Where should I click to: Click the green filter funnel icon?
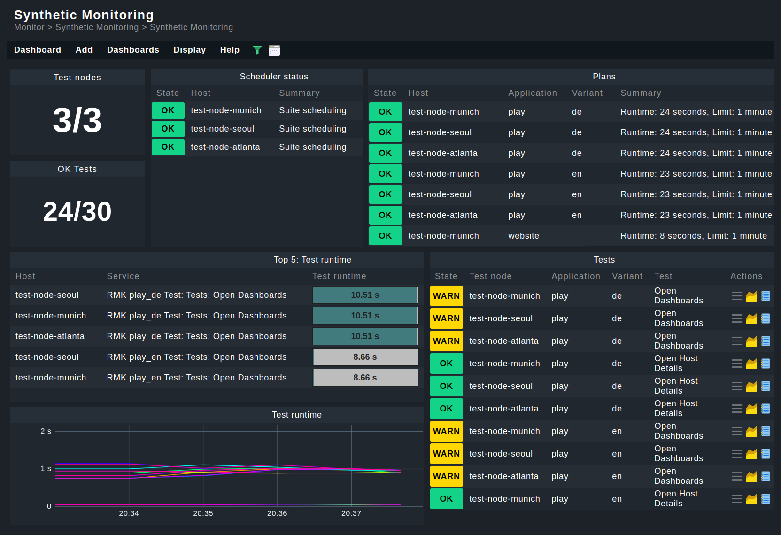[257, 50]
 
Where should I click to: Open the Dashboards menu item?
[133, 50]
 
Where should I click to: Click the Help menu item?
[230, 50]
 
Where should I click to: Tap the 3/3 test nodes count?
[77, 120]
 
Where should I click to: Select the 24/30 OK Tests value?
[77, 211]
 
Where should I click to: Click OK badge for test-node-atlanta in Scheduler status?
[168, 147]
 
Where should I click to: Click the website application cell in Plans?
[523, 236]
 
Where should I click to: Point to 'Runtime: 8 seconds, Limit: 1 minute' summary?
[693, 236]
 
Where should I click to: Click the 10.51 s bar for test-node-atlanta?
[365, 336]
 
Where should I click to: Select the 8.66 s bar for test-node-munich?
[365, 378]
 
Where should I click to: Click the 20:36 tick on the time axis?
[277, 513]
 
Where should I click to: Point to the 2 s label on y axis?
[46, 431]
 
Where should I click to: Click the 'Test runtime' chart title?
[296, 415]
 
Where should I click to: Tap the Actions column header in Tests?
[746, 276]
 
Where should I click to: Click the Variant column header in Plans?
[587, 93]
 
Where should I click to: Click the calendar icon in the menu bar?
[274, 50]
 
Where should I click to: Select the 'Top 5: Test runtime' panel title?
[312, 260]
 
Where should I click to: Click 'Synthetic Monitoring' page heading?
[84, 15]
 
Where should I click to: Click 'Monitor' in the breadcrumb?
[29, 27]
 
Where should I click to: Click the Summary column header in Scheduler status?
[299, 93]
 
